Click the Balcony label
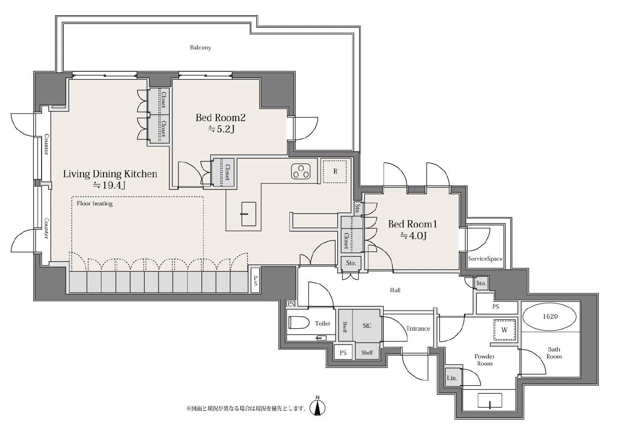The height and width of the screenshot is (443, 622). [201, 48]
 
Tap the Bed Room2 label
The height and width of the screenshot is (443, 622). [220, 117]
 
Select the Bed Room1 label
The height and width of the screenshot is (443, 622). [412, 224]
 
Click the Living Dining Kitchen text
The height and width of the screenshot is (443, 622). [110, 174]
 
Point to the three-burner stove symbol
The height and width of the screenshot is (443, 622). [301, 171]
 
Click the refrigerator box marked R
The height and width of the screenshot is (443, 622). [335, 172]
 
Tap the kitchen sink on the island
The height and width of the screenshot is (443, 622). [249, 214]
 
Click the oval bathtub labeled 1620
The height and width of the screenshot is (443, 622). [549, 317]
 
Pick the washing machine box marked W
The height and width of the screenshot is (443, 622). [505, 330]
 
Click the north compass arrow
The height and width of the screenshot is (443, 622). [317, 407]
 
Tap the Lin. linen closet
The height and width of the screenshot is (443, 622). [452, 378]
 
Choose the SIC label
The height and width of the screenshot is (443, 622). [367, 326]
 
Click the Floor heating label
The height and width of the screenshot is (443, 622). [95, 203]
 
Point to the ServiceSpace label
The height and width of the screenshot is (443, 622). [485, 259]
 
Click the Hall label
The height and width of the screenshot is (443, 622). [395, 290]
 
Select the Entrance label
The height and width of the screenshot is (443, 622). [418, 328]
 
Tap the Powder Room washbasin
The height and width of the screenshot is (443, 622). [490, 400]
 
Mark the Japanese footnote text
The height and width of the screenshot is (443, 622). [247, 408]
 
